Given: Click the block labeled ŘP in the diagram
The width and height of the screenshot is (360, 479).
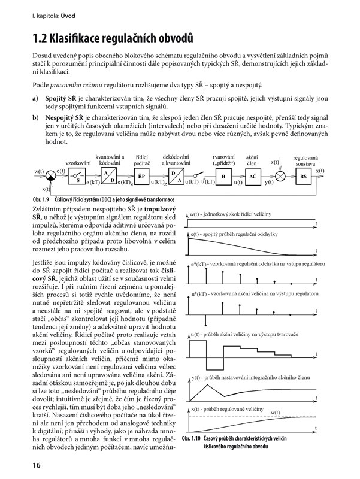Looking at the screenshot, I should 142,177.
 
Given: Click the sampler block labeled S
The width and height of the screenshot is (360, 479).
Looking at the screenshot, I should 77,177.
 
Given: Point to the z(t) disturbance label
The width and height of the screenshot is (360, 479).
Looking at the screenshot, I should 275,162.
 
